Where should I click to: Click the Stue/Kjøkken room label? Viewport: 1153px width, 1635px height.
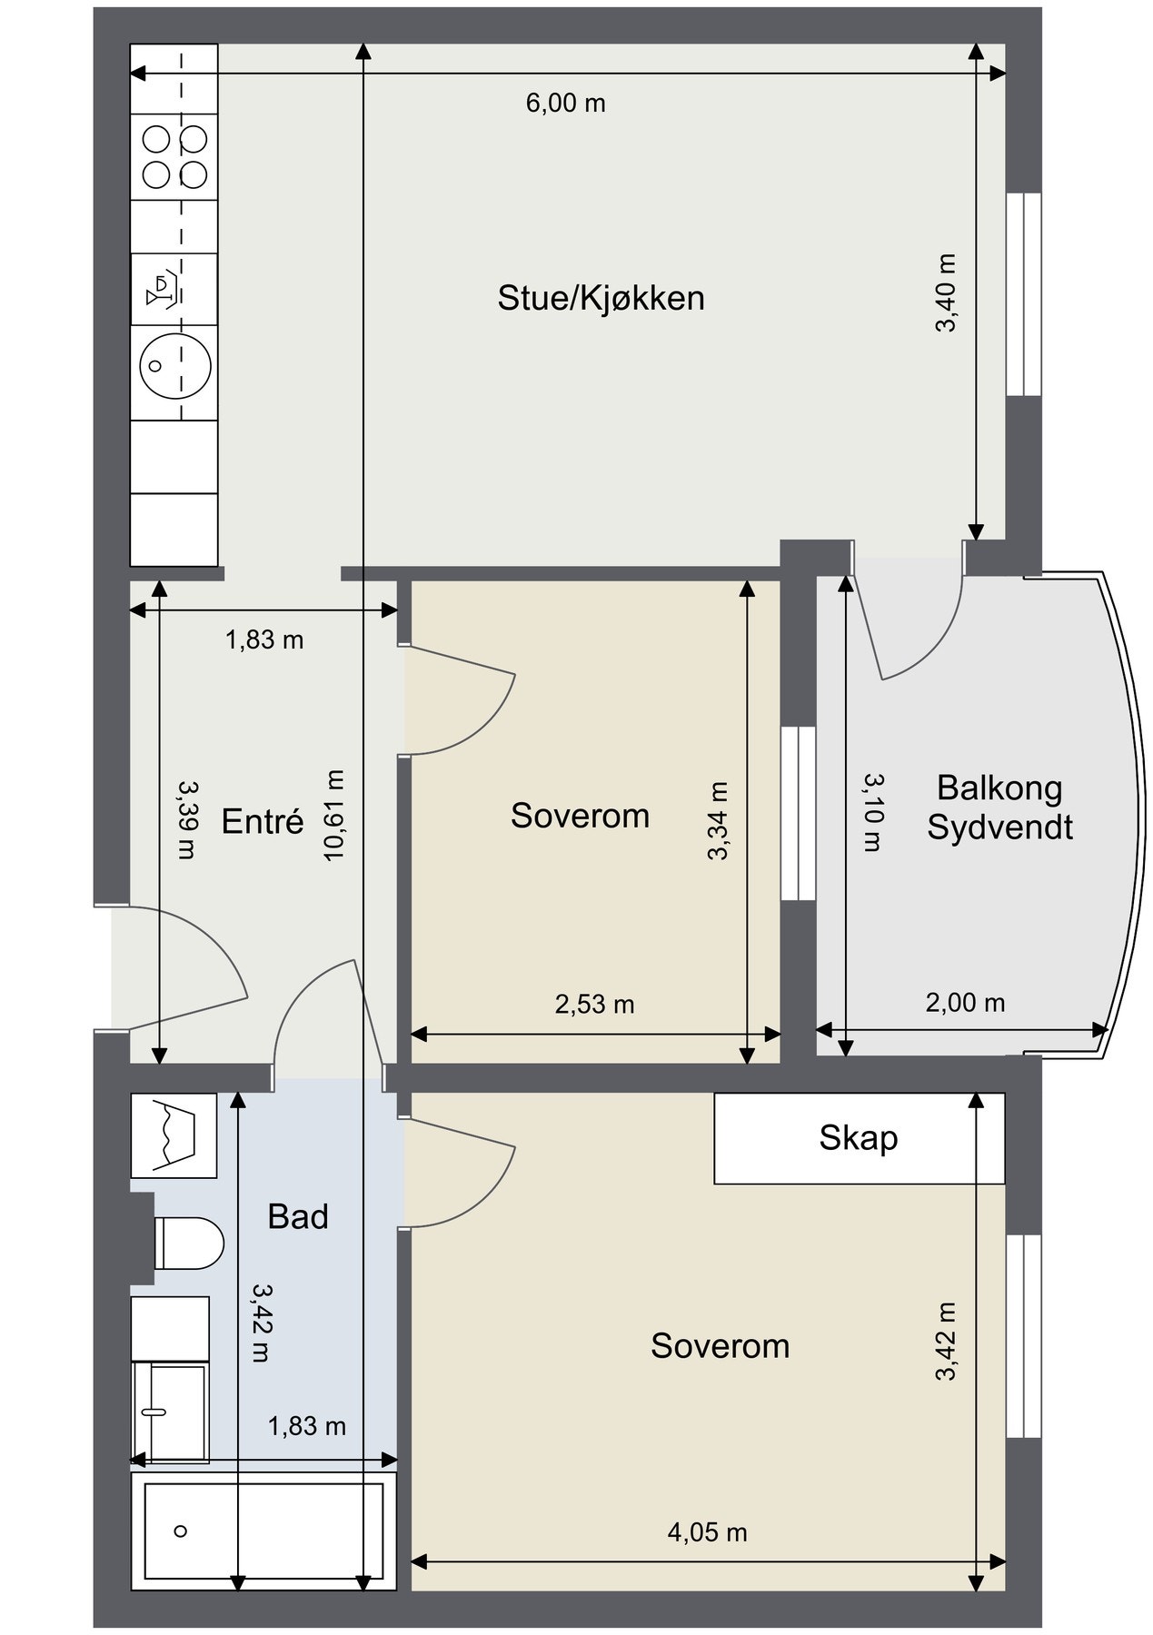point(601,298)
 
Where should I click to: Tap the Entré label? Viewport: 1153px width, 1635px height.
point(263,822)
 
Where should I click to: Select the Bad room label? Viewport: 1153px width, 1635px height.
point(298,1217)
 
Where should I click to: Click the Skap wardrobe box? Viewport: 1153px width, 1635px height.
point(859,1138)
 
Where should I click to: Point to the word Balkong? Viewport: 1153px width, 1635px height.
point(999,788)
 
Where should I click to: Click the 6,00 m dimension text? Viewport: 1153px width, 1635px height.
point(565,103)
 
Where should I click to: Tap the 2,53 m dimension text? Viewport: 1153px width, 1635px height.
point(594,1004)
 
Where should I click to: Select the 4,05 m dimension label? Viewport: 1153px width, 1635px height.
point(708,1533)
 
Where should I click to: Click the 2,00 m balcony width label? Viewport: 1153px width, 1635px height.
point(965,1003)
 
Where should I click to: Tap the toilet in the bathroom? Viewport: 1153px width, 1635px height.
point(188,1243)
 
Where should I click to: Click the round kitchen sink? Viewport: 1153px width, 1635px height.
point(175,366)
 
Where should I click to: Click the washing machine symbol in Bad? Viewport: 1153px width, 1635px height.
point(174,1135)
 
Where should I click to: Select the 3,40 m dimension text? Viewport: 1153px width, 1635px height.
point(947,293)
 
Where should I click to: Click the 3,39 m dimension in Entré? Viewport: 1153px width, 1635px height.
point(185,819)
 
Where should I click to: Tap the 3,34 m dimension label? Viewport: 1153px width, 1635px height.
point(718,820)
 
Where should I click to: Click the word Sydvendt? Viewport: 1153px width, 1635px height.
point(999,828)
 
